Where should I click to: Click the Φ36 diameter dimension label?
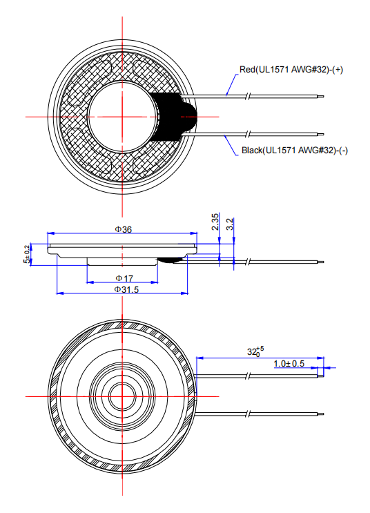point(124,229)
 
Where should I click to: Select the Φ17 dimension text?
point(124,278)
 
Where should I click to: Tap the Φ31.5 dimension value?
point(126,289)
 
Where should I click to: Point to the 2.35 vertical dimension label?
point(215,222)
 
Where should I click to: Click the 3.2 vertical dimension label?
point(230,224)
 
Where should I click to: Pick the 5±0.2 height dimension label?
point(27,254)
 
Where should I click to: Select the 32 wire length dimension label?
point(255,351)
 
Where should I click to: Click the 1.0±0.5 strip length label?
point(289,363)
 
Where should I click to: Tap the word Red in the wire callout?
point(246,70)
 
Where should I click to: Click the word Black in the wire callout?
point(252,151)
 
